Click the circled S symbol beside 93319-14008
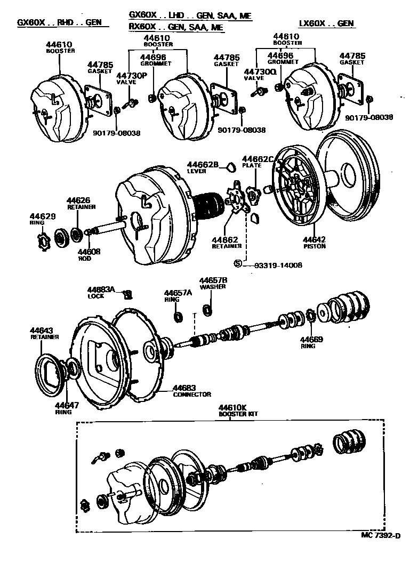(238, 263)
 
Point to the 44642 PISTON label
(313, 243)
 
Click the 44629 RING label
(42, 219)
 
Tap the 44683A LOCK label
(101, 292)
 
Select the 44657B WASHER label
(213, 283)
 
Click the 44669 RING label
(310, 342)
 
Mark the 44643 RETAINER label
(44, 333)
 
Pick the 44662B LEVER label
(203, 167)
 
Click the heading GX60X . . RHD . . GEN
(59, 23)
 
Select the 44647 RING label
(66, 408)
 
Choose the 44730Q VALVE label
(260, 74)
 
